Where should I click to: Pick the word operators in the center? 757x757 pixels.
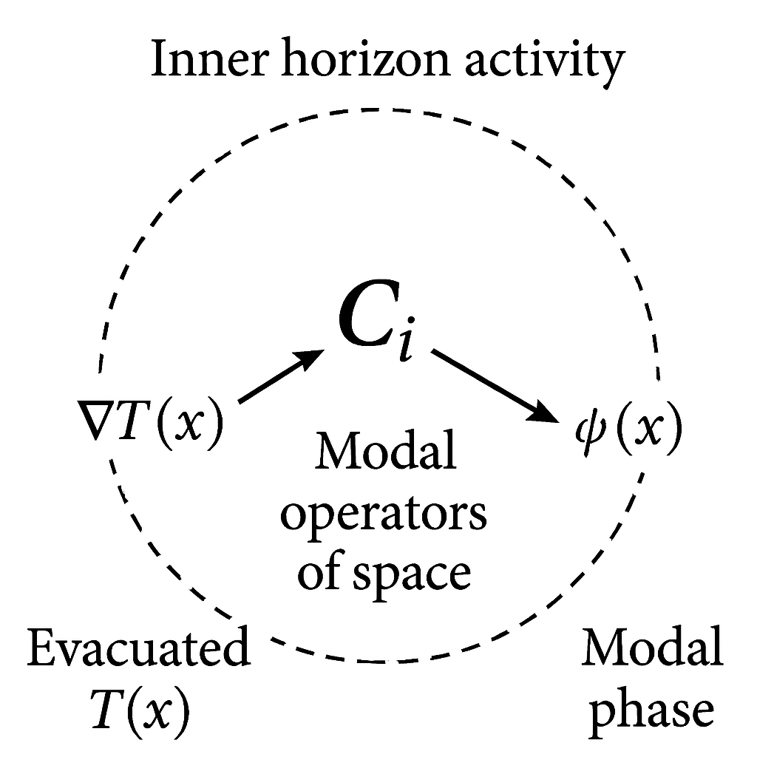[x=384, y=514]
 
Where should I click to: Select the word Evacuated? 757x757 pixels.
[x=138, y=651]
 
